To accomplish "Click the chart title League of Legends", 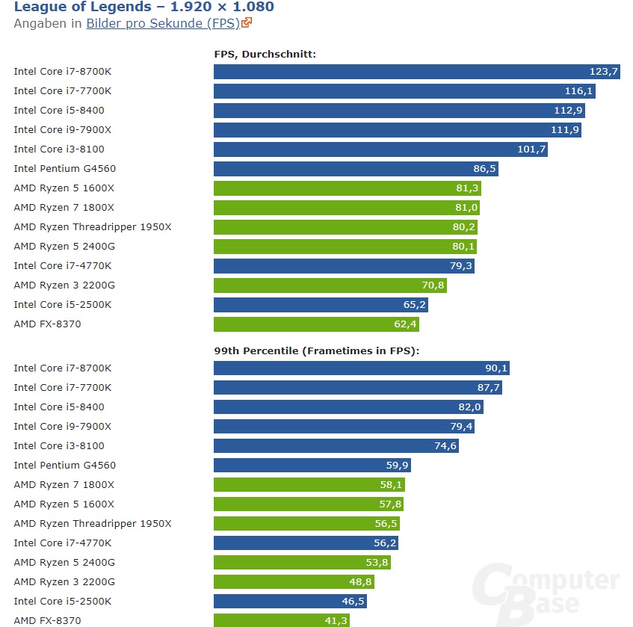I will (x=143, y=7).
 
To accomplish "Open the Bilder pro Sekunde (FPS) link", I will (x=163, y=23).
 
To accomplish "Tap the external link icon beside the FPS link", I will (x=247, y=22).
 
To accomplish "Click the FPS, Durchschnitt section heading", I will (x=265, y=54).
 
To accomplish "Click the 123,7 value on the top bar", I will (x=604, y=72).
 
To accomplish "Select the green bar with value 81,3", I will (x=348, y=188).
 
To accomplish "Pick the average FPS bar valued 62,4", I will (x=316, y=324).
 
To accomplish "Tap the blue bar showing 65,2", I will (x=321, y=305).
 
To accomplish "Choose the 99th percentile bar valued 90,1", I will (x=361, y=368).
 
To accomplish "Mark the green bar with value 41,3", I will (x=281, y=620).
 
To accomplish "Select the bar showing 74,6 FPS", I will (x=336, y=446).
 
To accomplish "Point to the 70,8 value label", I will (x=432, y=285).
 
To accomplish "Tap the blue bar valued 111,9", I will (x=397, y=130).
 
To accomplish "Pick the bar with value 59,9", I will (x=312, y=466).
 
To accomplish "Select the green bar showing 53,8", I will (x=302, y=563).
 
